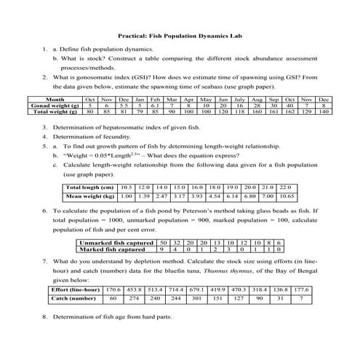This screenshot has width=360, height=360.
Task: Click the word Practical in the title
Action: (x=135, y=34)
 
